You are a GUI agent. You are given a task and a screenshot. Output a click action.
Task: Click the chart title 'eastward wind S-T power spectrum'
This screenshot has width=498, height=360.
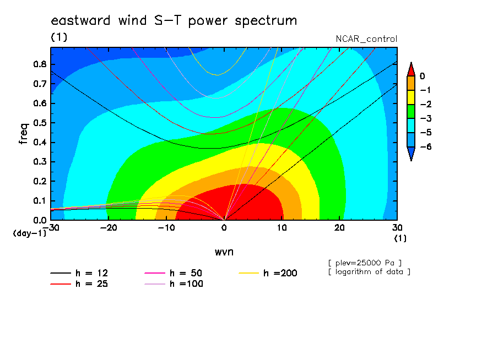[x=174, y=20]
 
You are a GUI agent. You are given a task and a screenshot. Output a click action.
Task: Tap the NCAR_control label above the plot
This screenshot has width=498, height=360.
[x=366, y=39]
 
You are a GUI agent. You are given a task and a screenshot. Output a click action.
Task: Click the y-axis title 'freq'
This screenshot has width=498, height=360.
[x=24, y=134]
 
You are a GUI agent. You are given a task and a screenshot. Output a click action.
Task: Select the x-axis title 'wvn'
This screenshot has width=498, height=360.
[x=224, y=252]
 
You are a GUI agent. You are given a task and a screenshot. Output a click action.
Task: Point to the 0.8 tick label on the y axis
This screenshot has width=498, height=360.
[x=40, y=64]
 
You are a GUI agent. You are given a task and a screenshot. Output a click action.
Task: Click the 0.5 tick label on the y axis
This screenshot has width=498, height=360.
[x=40, y=123]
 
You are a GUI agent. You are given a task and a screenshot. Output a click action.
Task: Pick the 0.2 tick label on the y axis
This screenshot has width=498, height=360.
[x=40, y=181]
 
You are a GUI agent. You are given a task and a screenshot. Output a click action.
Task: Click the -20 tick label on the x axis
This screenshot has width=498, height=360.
[x=109, y=228]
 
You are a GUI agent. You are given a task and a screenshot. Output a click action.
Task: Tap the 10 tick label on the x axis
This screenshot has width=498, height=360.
[x=282, y=228]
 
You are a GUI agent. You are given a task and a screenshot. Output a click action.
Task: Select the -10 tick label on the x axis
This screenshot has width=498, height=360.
[x=166, y=228]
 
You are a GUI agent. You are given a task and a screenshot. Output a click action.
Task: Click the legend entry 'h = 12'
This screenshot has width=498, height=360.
[x=79, y=273]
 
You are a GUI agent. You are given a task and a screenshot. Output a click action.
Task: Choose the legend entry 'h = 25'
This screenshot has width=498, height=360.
[x=79, y=284]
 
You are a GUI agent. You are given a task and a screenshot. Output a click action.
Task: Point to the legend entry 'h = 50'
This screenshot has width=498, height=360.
[x=173, y=273]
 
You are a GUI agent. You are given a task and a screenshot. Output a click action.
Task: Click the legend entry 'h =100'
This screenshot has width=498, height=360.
[x=174, y=284]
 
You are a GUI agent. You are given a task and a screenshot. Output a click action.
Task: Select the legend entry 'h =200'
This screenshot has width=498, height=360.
[x=268, y=273]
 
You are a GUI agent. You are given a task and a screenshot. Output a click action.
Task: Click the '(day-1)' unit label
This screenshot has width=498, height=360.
[x=30, y=233]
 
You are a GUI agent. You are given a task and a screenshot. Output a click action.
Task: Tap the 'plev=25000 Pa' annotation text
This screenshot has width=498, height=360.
[x=365, y=263]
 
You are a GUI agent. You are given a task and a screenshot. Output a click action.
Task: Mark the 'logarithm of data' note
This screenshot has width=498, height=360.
[x=370, y=272]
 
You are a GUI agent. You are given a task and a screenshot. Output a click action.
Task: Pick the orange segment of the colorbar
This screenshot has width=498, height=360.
[x=411, y=83]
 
